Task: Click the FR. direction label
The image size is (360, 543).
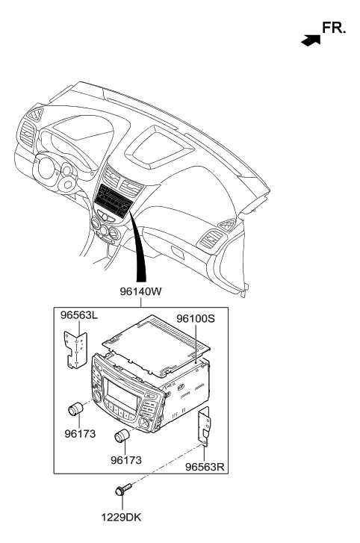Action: point(334,28)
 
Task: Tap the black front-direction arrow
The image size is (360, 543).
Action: point(311,40)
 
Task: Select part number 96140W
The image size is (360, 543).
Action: point(141,291)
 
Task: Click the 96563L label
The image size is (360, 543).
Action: point(79,315)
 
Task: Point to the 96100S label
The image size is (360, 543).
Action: point(196,318)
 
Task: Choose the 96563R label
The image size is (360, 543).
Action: point(205,467)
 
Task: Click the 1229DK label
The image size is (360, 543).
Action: point(121,518)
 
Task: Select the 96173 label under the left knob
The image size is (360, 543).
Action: point(80,433)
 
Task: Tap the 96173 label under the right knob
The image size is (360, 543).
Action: point(126,460)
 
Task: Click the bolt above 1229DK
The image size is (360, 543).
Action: point(123,489)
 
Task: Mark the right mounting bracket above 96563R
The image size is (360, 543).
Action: point(204,425)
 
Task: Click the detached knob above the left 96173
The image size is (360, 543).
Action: point(75,409)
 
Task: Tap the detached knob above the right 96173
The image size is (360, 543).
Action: point(122,435)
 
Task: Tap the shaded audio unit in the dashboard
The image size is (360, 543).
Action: point(114,201)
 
